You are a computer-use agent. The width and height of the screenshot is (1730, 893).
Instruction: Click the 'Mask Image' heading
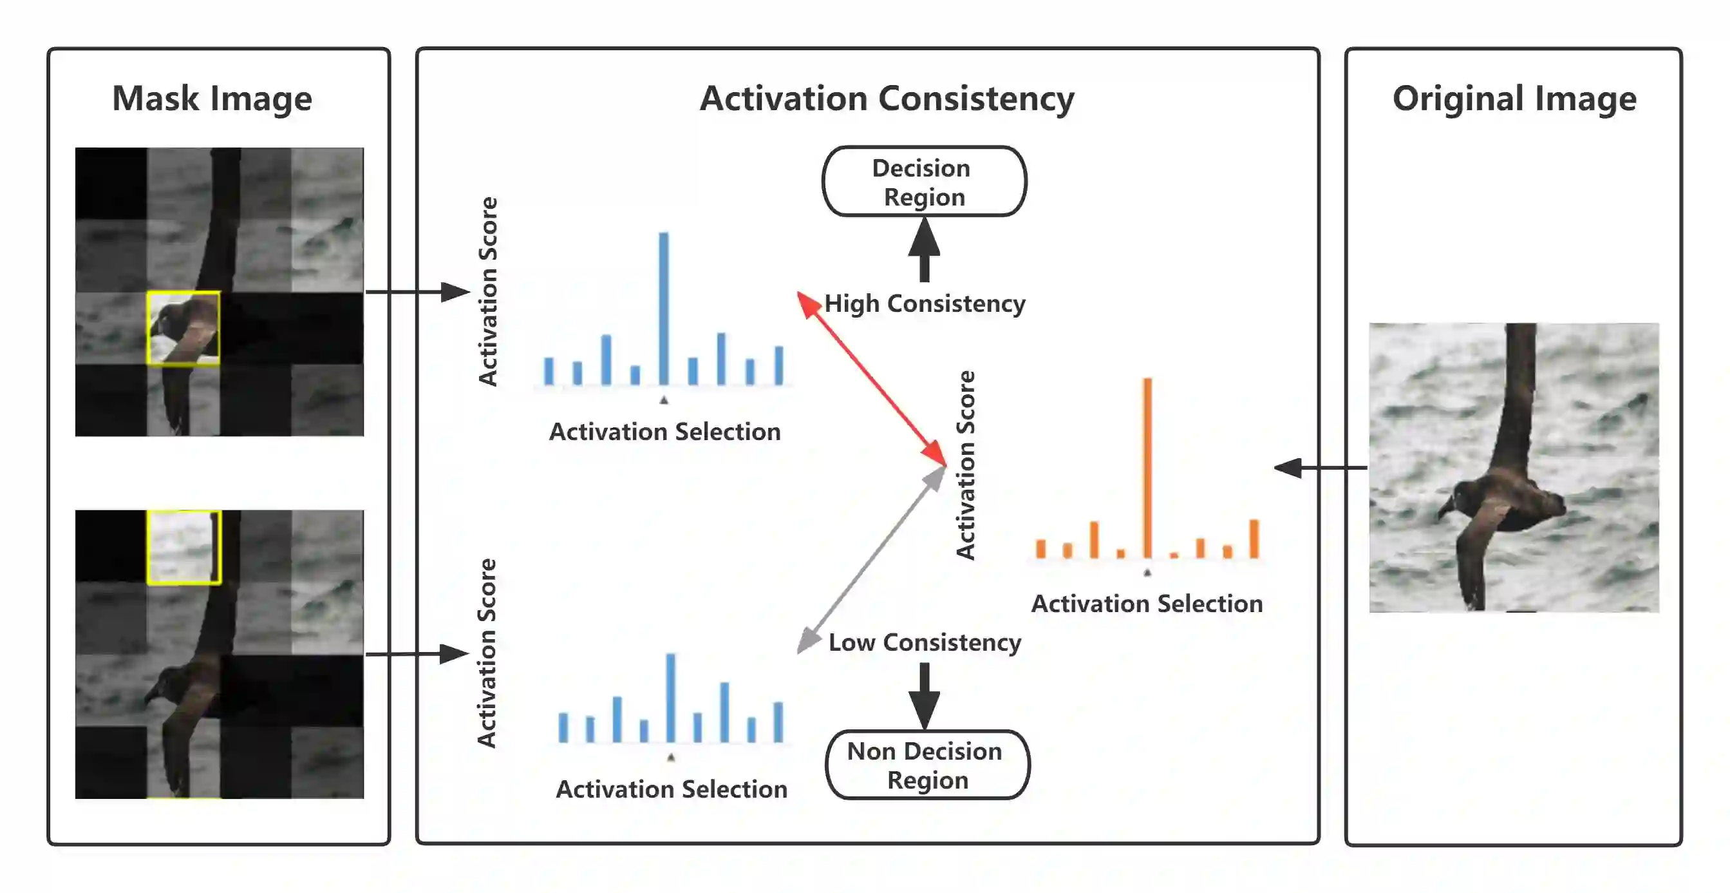click(x=212, y=99)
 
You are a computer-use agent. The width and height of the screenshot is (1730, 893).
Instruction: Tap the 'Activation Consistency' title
click(x=887, y=99)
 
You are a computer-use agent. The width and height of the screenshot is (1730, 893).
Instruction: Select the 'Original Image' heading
click(x=1514, y=99)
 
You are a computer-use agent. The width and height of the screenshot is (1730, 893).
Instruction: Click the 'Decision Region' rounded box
click(x=924, y=182)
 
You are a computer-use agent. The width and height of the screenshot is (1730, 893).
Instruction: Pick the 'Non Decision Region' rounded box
click(x=926, y=765)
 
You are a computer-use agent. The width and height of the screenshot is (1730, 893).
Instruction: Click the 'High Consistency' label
click(x=925, y=303)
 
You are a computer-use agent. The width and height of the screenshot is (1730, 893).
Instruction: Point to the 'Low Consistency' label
click(x=925, y=642)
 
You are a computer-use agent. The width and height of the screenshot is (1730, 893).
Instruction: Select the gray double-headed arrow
click(x=871, y=560)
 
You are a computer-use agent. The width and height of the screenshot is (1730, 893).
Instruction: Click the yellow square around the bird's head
click(x=183, y=328)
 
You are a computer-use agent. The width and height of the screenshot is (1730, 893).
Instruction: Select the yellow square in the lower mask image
click(x=183, y=547)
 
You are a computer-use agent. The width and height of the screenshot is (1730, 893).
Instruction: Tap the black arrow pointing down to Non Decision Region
click(x=924, y=695)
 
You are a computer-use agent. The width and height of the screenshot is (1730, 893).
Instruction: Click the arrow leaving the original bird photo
click(x=1320, y=467)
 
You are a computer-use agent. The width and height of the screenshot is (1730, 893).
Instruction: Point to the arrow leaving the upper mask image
click(x=417, y=292)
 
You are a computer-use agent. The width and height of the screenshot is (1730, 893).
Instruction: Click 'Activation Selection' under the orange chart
click(x=1147, y=604)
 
